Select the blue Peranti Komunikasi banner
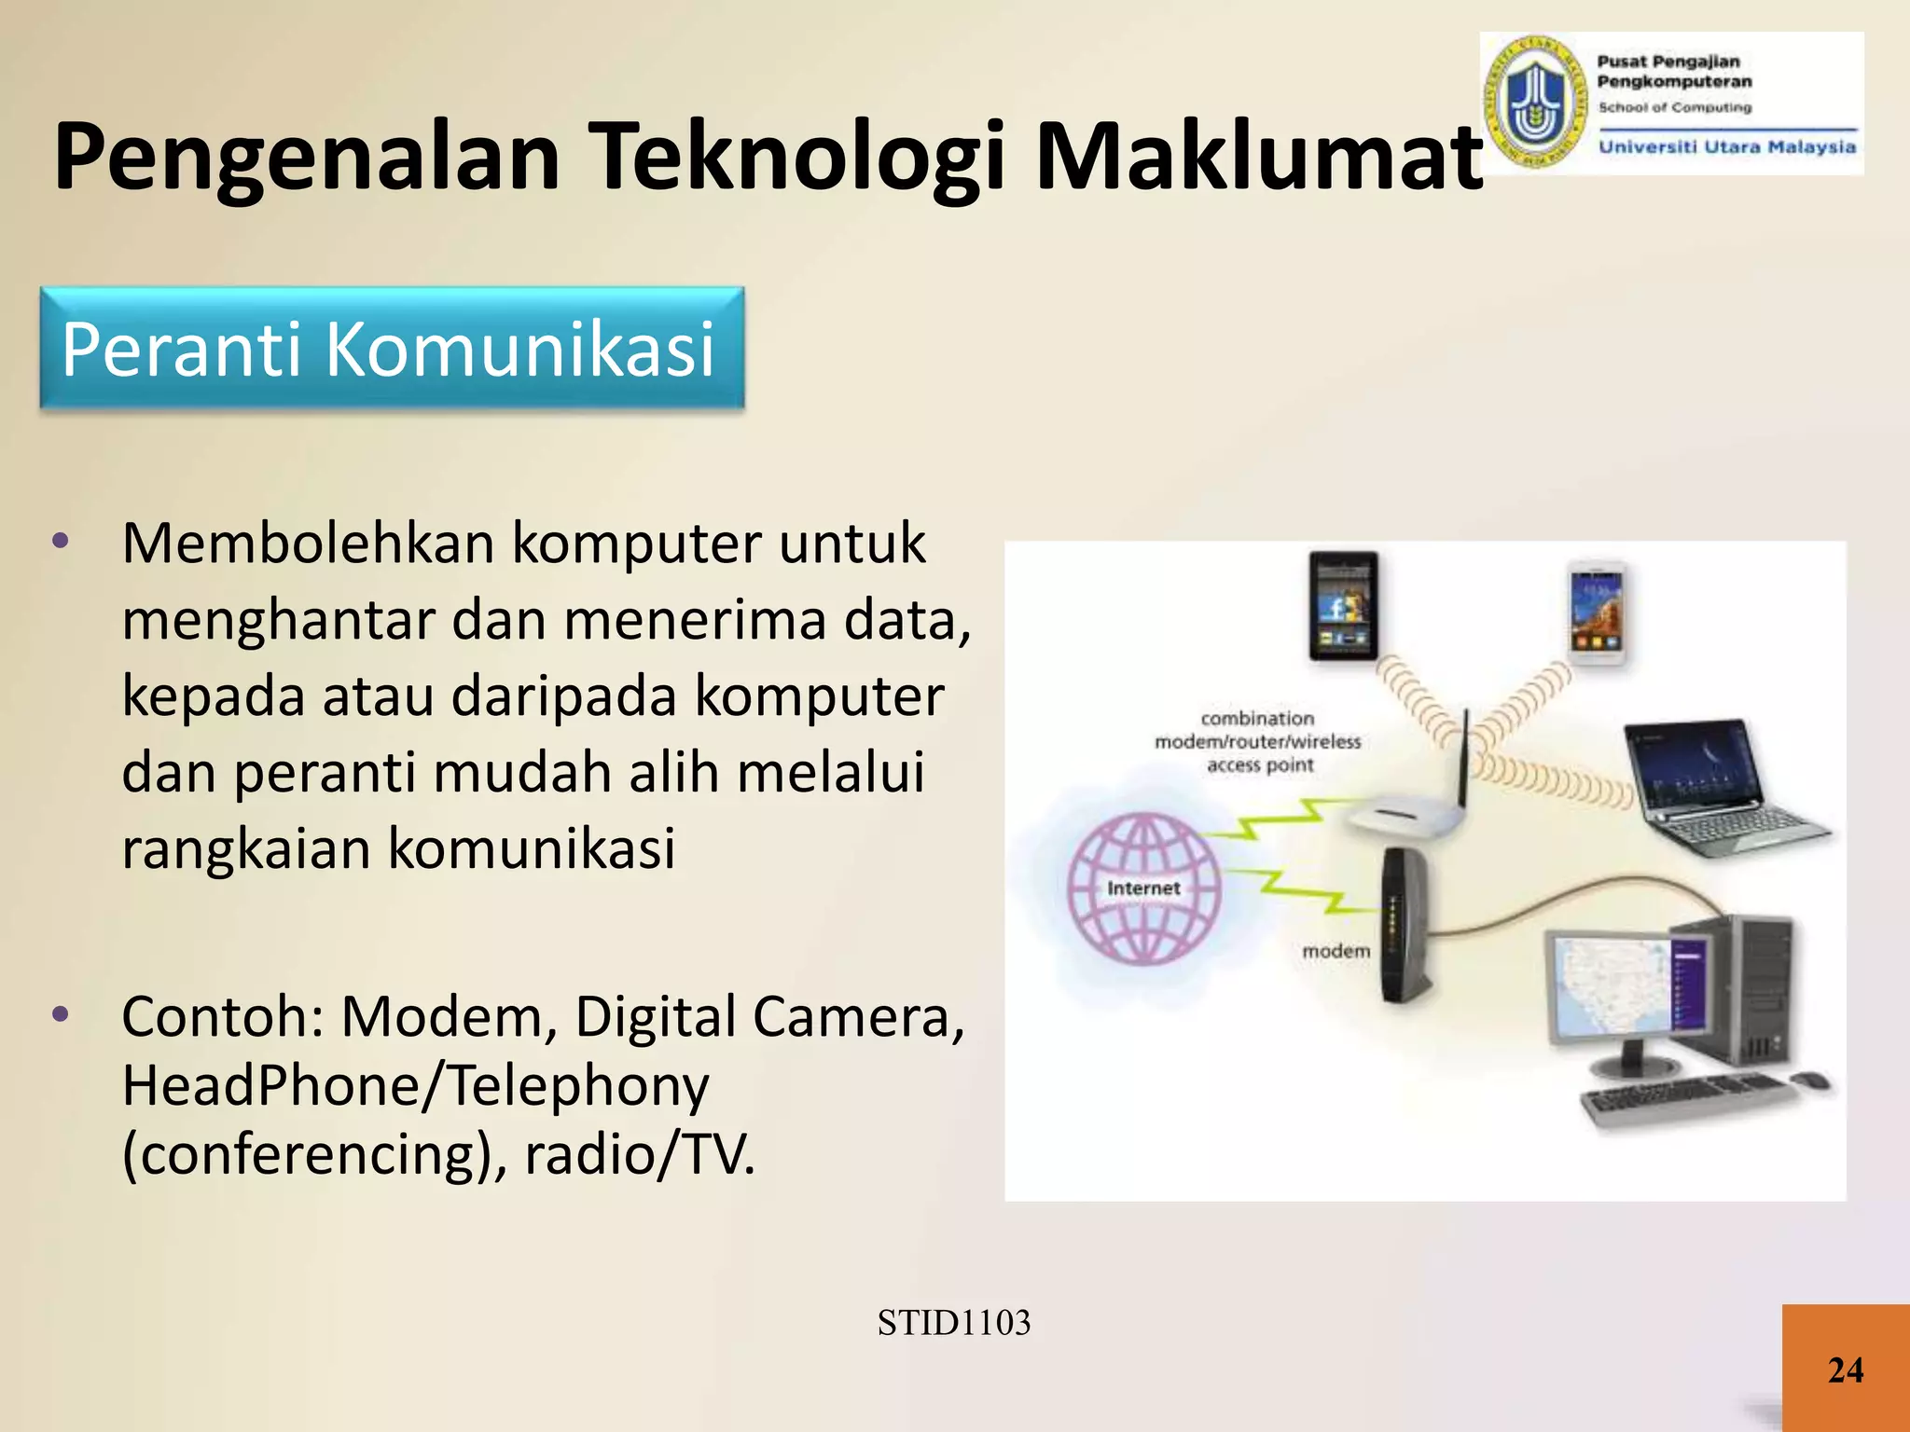(392, 348)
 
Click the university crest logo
(1534, 103)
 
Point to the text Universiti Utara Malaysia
(1727, 146)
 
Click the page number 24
(1846, 1370)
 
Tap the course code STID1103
(954, 1322)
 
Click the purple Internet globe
(1143, 888)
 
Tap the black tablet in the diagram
(1343, 605)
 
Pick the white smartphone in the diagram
(1598, 613)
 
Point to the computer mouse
(1810, 1081)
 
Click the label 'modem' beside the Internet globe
(1336, 951)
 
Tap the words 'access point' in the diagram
(1260, 765)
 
